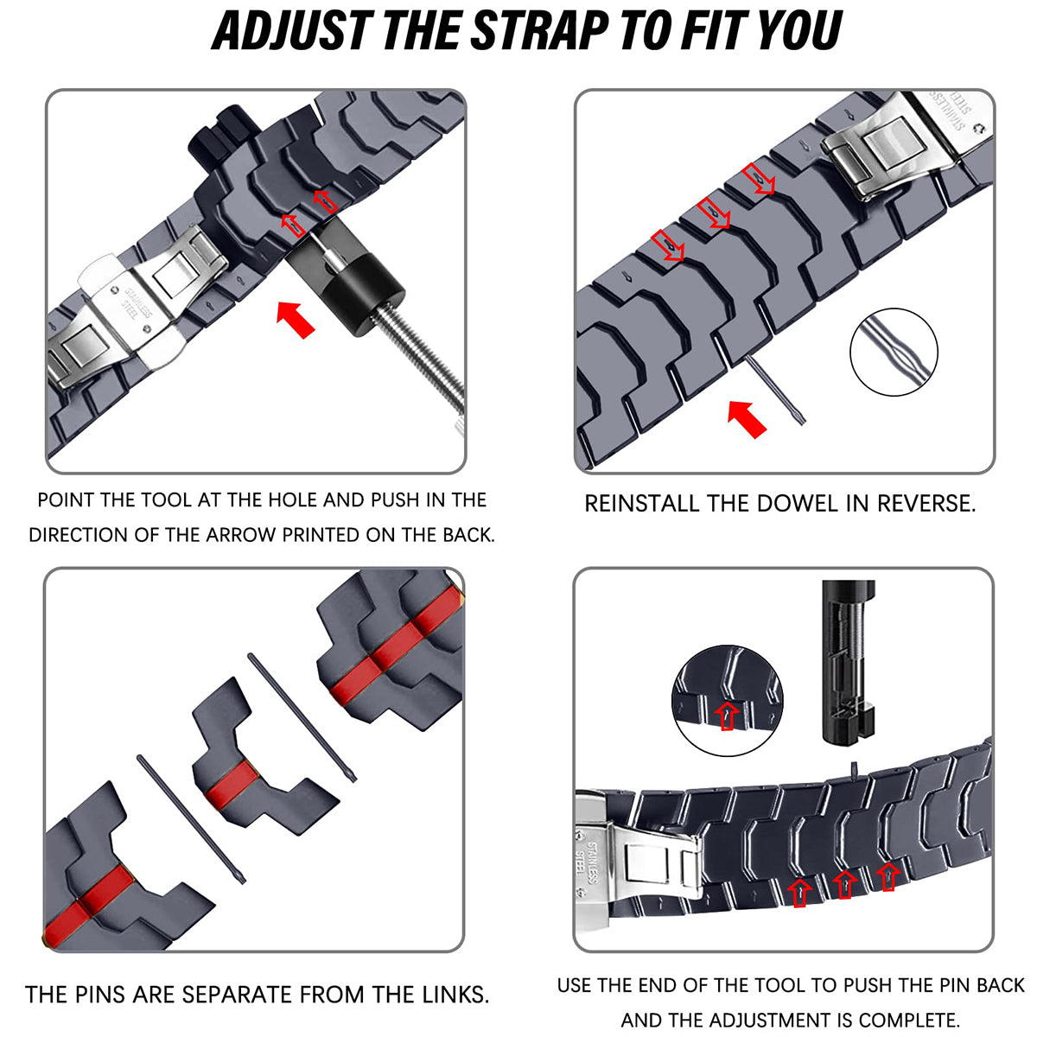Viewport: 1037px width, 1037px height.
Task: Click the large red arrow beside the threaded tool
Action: coord(296,319)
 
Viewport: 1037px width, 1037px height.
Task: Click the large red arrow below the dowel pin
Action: coord(747,419)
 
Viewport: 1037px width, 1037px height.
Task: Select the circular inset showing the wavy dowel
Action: coord(894,352)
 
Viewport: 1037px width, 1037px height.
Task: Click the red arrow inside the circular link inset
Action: coord(727,716)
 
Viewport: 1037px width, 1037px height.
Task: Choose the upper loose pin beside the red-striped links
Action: coord(302,716)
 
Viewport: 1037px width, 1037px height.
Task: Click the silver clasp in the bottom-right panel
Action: coord(638,863)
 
